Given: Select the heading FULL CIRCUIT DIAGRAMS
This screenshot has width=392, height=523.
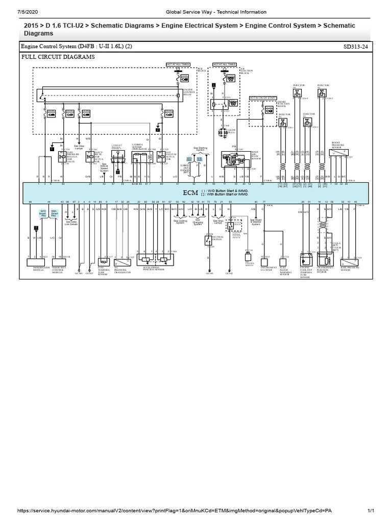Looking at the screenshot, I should [58, 57].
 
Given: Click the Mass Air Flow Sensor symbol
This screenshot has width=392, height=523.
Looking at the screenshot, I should [229, 158].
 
